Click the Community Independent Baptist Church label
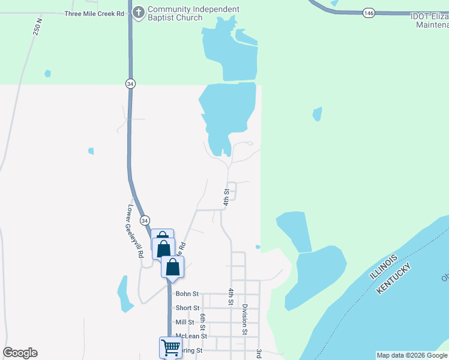point(193,13)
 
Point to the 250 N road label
point(38,28)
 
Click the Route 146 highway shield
point(369,12)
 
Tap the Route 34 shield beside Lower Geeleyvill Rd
point(145,221)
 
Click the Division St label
point(245,319)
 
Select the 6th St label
point(203,322)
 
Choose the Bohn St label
point(187,294)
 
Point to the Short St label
point(187,308)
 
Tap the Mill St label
point(185,322)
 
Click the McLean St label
point(191,337)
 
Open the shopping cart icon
point(170,347)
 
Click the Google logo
point(20,353)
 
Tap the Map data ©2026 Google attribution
point(412,355)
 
